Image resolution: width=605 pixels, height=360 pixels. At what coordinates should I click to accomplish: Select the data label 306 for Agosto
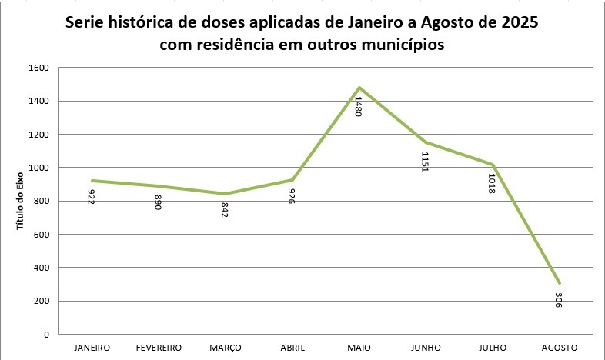558,299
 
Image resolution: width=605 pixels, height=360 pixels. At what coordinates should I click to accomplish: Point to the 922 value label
92,197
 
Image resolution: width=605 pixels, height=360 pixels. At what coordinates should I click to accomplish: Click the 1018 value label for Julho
491,181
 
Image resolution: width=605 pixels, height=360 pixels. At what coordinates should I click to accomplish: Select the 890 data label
158,202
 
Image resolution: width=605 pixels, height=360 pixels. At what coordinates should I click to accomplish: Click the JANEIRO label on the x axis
92,348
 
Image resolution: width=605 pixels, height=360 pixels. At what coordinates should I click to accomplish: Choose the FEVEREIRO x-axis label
159,348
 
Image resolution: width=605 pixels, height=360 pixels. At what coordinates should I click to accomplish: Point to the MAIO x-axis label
359,348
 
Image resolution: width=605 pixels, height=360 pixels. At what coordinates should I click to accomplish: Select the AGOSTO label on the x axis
559,348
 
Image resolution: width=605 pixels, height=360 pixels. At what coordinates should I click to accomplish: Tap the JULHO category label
492,348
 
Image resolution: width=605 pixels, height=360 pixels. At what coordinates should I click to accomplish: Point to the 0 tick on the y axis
47,335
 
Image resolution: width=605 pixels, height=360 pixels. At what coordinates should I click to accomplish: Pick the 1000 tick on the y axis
39,168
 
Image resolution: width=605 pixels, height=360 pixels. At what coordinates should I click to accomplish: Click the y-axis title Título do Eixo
22,202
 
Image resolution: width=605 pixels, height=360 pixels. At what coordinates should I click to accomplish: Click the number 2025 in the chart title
516,22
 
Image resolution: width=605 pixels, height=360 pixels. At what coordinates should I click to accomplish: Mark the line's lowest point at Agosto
558,283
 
